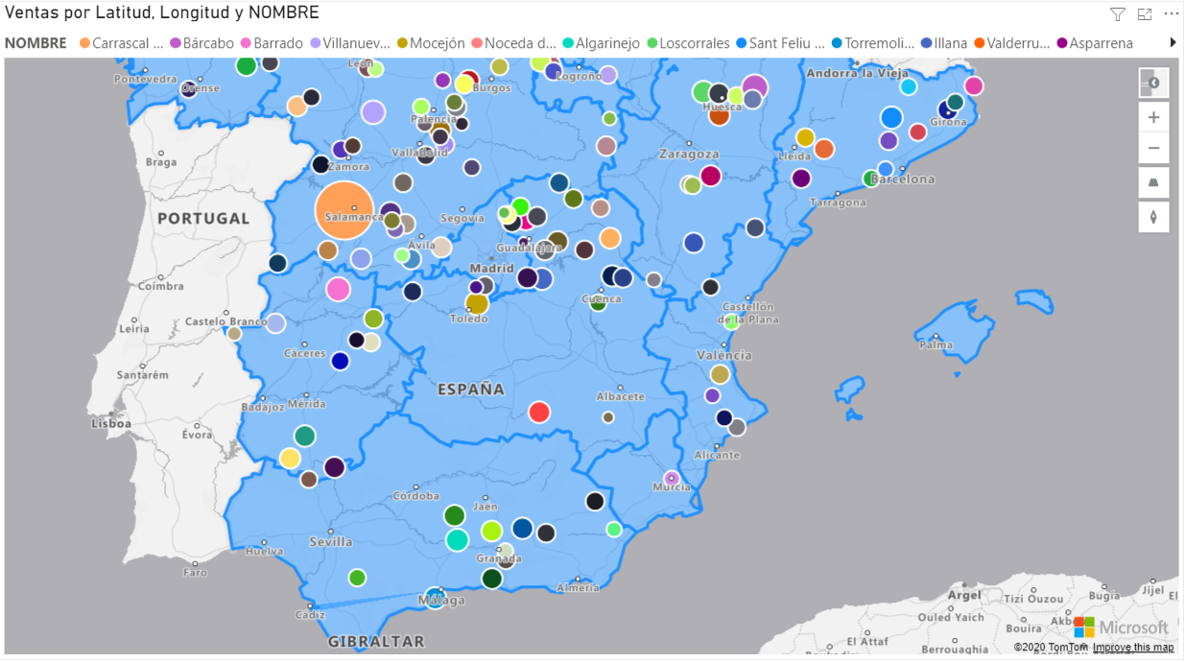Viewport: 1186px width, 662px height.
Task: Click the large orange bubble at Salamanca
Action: pyautogui.click(x=344, y=209)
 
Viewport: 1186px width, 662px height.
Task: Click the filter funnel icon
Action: pyautogui.click(x=1118, y=13)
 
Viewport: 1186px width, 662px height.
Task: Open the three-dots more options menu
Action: pyautogui.click(x=1171, y=13)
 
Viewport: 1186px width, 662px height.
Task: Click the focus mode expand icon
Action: pyautogui.click(x=1145, y=13)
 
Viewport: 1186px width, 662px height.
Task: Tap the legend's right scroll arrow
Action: pyautogui.click(x=1173, y=43)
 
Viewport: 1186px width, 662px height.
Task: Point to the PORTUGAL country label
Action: pyautogui.click(x=203, y=219)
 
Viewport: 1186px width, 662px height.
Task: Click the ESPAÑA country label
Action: pyautogui.click(x=471, y=390)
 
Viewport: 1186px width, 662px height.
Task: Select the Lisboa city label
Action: pyautogui.click(x=111, y=423)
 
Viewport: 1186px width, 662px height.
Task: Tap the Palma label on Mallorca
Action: pyautogui.click(x=936, y=344)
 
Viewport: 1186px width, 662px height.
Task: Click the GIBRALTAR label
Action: pyautogui.click(x=376, y=641)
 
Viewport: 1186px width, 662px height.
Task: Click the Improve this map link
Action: pyautogui.click(x=1132, y=648)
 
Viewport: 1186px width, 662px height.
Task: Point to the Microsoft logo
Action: pyautogui.click(x=1122, y=627)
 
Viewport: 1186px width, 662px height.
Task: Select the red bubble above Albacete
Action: pyautogui.click(x=539, y=412)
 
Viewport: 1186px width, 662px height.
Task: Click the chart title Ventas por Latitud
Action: pyautogui.click(x=162, y=12)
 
